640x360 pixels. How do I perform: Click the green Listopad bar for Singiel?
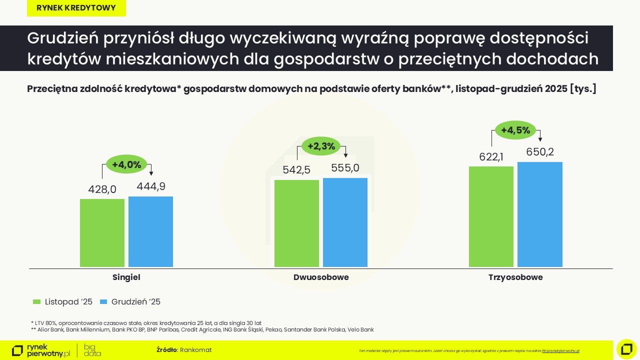[x=102, y=232]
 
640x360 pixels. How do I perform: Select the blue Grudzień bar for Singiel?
[x=150, y=231]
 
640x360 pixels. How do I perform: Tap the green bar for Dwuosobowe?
[x=296, y=223]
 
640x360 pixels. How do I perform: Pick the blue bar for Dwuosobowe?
[x=345, y=222]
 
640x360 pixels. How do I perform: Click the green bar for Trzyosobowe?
[x=491, y=216]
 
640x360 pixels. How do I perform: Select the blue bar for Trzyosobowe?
[x=539, y=214]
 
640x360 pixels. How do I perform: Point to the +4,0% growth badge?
[x=126, y=164]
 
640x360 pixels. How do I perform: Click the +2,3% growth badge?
[x=321, y=146]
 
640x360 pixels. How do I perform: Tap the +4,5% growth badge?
[x=515, y=130]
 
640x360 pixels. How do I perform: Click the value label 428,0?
[x=102, y=189]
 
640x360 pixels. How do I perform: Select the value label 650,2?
[x=540, y=152]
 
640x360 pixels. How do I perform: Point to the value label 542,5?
[x=296, y=170]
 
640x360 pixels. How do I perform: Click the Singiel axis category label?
[x=126, y=277]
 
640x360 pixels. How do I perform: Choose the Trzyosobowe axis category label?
[x=515, y=277]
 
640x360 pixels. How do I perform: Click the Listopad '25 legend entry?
[x=62, y=302]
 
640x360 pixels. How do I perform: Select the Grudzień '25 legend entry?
[x=130, y=302]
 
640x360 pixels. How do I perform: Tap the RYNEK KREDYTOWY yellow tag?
[x=76, y=8]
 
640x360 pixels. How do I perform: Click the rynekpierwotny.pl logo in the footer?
[x=41, y=350]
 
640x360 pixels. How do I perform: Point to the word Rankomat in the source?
[x=195, y=350]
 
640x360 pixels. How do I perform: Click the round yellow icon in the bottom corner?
[x=626, y=349]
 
